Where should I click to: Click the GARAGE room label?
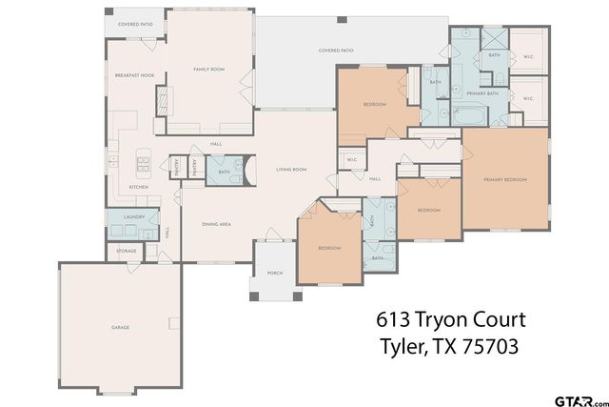pyautogui.click(x=120, y=328)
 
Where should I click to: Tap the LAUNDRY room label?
pyautogui.click(x=134, y=217)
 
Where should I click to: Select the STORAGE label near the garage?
pyautogui.click(x=127, y=251)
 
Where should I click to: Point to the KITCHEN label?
pyautogui.click(x=139, y=188)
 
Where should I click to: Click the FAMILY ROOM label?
pyautogui.click(x=208, y=69)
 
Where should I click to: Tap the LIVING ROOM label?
pyautogui.click(x=290, y=170)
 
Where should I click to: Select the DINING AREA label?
pyautogui.click(x=217, y=224)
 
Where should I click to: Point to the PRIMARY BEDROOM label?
pyautogui.click(x=504, y=179)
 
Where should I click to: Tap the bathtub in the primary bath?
pyautogui.click(x=470, y=118)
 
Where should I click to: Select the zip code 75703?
pyautogui.click(x=485, y=348)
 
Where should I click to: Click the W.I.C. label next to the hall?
pyautogui.click(x=351, y=159)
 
